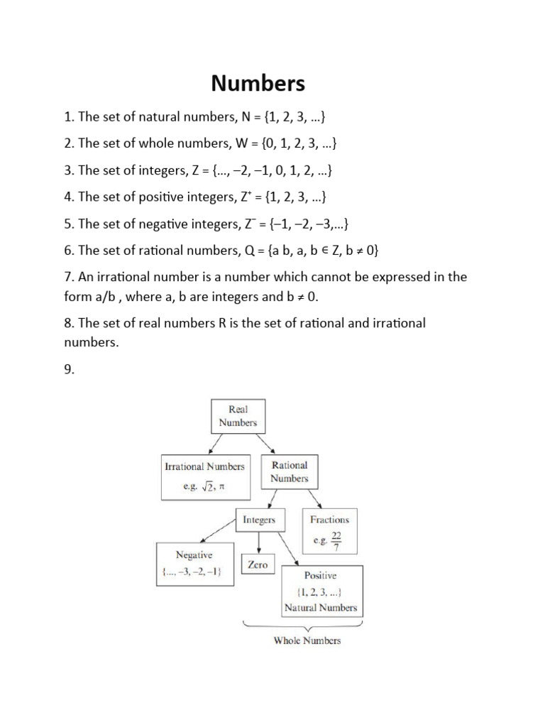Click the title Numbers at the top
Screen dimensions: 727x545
[x=258, y=83]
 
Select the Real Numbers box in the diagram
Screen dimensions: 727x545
[x=238, y=416]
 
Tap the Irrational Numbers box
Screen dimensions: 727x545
[x=204, y=476]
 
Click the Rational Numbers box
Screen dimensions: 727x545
[x=290, y=472]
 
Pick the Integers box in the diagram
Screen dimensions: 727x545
[x=259, y=520]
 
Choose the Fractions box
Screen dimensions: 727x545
[x=329, y=530]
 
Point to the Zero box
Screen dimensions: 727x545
[x=258, y=564]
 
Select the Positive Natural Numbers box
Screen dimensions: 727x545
[x=321, y=591]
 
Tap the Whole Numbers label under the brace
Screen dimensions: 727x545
[x=307, y=640]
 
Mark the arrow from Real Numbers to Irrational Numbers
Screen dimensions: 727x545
[x=212, y=443]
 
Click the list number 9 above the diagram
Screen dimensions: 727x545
[x=68, y=368]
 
